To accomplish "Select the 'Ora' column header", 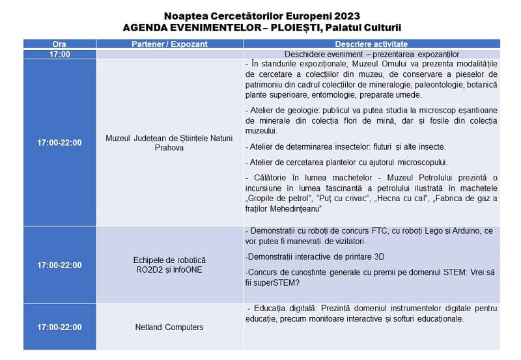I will point(59,44).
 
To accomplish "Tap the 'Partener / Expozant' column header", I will point(170,44).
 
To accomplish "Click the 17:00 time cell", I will point(59,54).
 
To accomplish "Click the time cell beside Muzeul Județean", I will point(59,143).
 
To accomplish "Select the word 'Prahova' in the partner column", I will point(170,148).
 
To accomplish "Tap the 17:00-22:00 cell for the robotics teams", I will point(59,265).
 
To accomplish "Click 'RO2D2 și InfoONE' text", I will point(170,270).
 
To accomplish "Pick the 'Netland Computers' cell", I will point(170,327).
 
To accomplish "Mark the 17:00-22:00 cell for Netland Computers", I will point(59,327).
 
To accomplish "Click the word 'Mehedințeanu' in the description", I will point(295,210).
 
